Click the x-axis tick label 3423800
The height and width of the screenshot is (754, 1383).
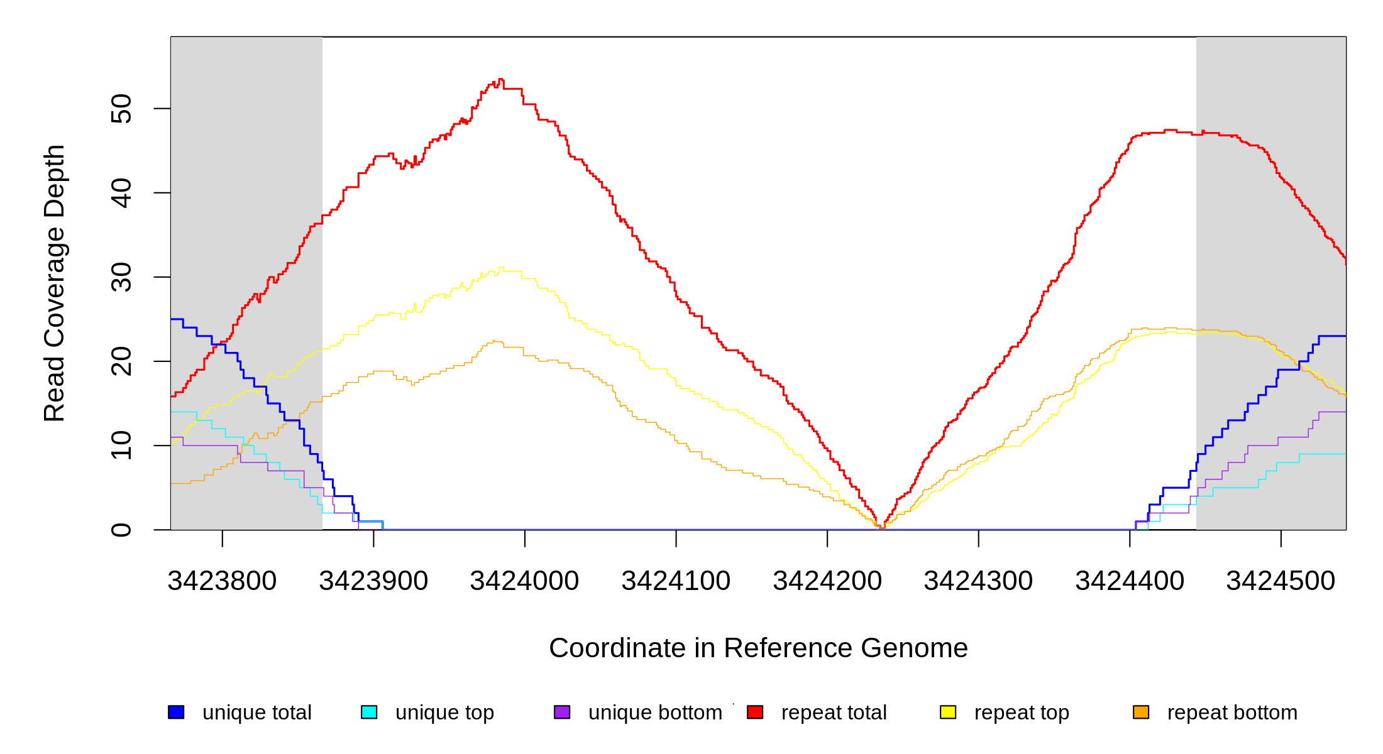[x=222, y=581]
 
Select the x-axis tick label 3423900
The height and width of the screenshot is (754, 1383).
[x=373, y=581]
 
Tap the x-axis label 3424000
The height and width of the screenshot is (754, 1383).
[x=524, y=581]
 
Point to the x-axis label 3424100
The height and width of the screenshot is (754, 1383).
[x=676, y=581]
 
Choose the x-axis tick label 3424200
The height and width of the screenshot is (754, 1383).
[x=827, y=581]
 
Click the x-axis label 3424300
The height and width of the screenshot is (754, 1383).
[x=978, y=581]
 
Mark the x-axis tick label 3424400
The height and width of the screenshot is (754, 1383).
[x=1130, y=581]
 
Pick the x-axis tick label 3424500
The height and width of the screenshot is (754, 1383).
[x=1281, y=581]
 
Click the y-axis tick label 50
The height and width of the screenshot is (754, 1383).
[x=121, y=109]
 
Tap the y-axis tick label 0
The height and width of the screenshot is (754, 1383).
[x=121, y=530]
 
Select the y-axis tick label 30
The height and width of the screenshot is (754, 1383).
[x=121, y=277]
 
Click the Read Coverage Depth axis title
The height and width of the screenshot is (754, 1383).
[x=54, y=283]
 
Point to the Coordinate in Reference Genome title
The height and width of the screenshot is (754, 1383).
[x=758, y=648]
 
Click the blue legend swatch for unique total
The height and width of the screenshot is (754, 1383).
[x=176, y=712]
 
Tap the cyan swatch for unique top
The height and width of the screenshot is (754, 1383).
[x=369, y=712]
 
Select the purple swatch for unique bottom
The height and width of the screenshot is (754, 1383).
[x=562, y=712]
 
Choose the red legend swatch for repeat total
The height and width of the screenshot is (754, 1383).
[x=755, y=712]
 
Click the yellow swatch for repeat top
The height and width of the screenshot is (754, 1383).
[x=948, y=712]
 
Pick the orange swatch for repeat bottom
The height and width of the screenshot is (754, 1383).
[x=1141, y=712]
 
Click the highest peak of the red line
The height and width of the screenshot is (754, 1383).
[x=500, y=79]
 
